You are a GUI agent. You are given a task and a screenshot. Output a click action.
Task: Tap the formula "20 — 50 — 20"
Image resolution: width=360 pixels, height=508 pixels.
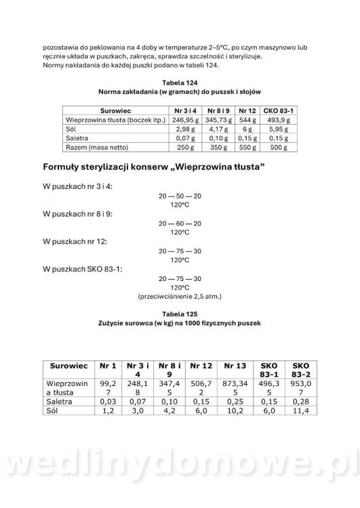coord(180,194)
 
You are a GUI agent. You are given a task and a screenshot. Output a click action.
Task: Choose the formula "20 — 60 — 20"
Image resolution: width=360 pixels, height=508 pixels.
coord(180,222)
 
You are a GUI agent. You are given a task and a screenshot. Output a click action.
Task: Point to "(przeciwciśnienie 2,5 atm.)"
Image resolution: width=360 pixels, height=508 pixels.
coord(180,296)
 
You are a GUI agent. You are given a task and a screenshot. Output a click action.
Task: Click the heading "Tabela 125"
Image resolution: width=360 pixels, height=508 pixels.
coord(180,314)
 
